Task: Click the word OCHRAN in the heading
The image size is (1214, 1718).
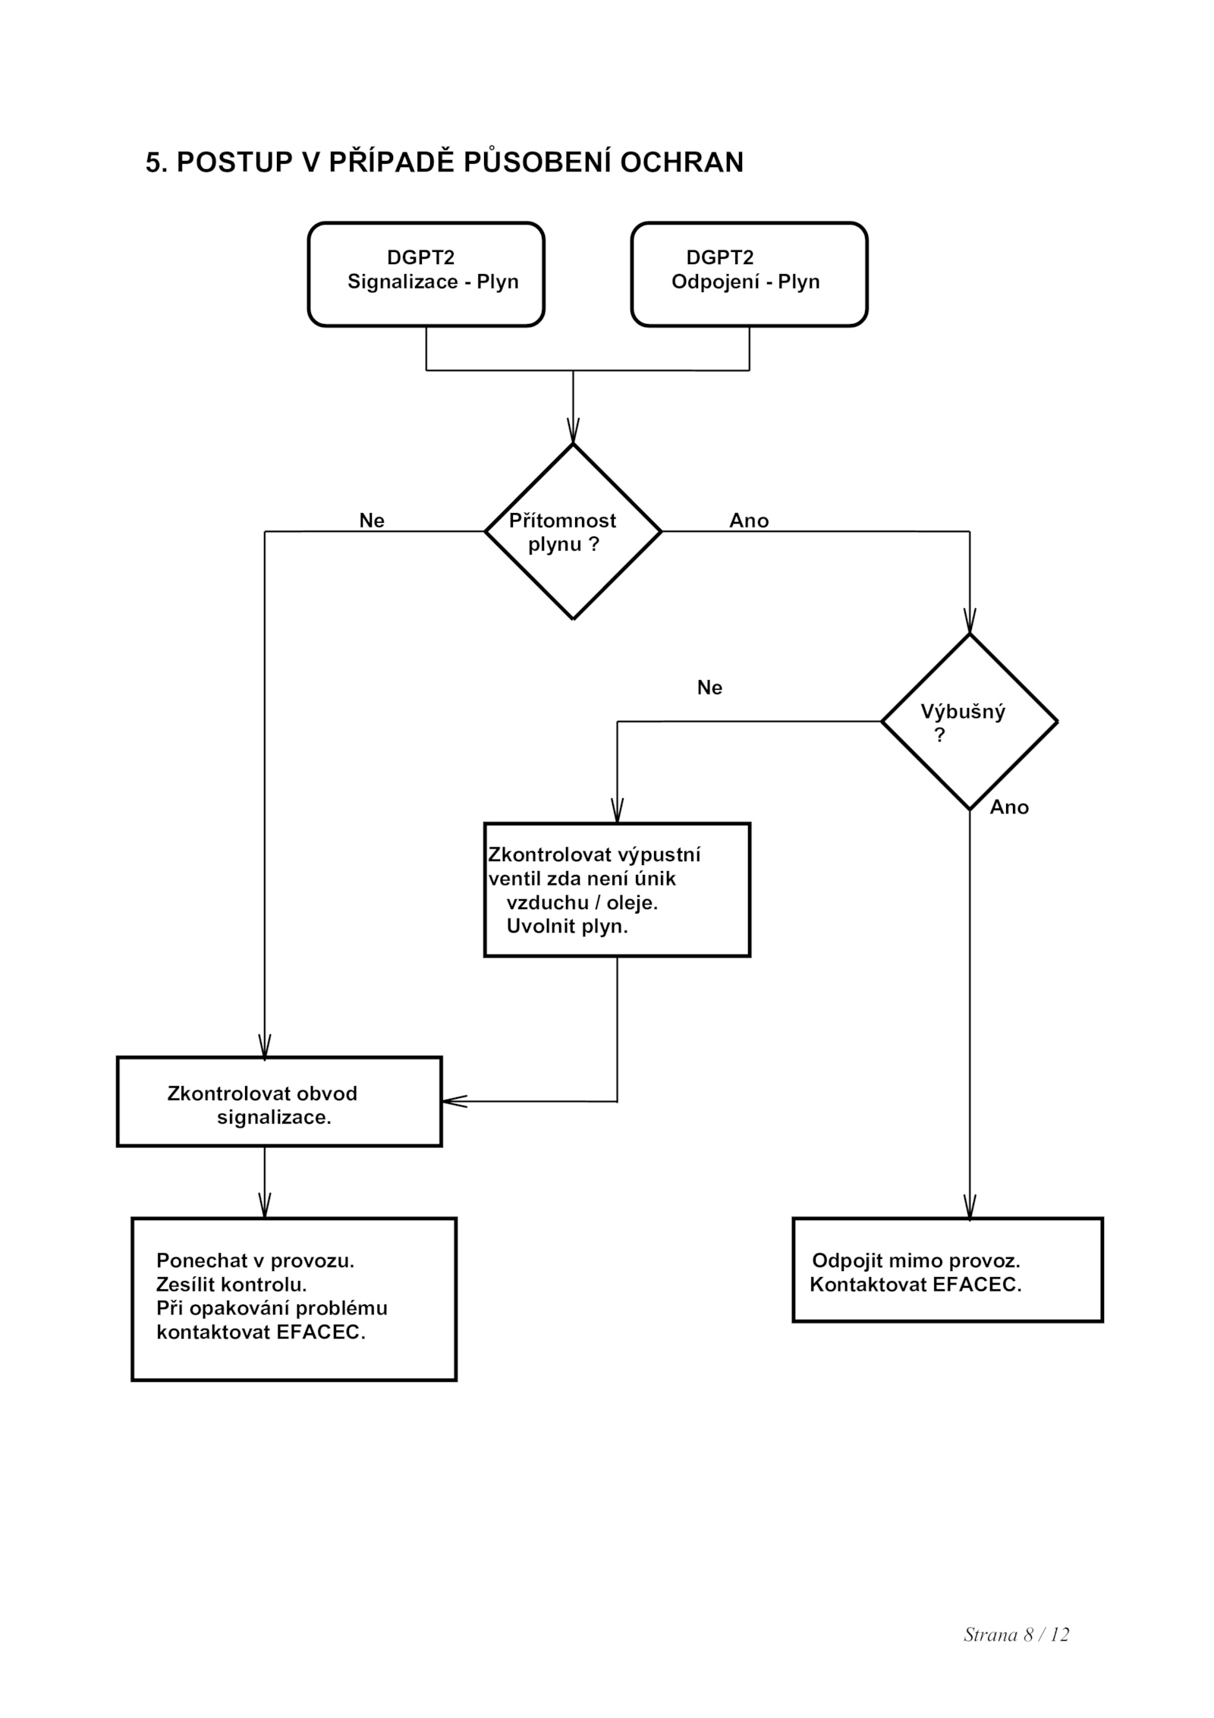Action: click(x=681, y=162)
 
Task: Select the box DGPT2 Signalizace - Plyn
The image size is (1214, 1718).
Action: click(x=426, y=274)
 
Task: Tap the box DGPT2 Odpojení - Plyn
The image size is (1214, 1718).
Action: click(x=749, y=274)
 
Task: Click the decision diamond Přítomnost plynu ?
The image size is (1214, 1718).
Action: click(x=573, y=531)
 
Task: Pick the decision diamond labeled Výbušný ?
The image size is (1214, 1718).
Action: click(x=969, y=721)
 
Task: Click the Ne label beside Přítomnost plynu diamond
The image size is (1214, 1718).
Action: click(x=372, y=521)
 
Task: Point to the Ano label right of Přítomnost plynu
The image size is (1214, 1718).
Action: click(x=749, y=521)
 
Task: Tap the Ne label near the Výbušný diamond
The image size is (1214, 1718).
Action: click(x=709, y=688)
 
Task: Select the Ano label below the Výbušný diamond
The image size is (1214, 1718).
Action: click(x=1009, y=807)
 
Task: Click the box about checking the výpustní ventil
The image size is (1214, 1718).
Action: click(x=617, y=889)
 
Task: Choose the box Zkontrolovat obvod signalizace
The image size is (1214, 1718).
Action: click(x=279, y=1101)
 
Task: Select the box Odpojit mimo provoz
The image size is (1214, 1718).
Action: click(x=948, y=1270)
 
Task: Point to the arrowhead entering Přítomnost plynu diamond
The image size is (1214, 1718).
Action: click(x=573, y=431)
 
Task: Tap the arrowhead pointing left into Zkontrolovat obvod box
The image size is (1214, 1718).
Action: click(x=454, y=1101)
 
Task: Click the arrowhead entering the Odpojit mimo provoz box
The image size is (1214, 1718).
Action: click(x=970, y=1207)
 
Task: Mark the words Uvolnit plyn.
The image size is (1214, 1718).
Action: click(x=568, y=927)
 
